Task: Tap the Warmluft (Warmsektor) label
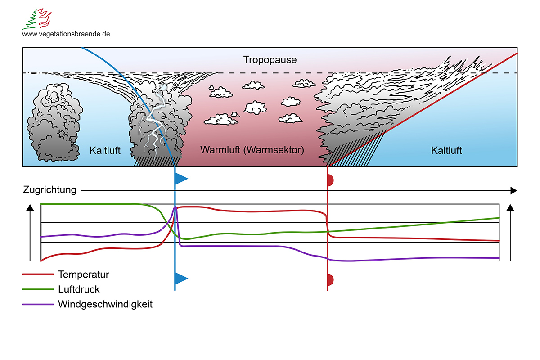[x=252, y=150]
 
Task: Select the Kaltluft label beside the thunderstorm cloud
[x=105, y=150]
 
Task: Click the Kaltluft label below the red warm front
[x=446, y=150]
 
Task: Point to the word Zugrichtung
[x=49, y=190]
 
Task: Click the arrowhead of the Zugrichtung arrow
[x=513, y=190]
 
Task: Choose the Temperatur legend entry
[x=83, y=274]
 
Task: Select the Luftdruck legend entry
[x=79, y=289]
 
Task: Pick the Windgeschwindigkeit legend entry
[x=105, y=304]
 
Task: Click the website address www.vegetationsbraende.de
[x=66, y=34]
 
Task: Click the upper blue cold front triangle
[x=180, y=179]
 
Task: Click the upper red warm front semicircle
[x=330, y=180]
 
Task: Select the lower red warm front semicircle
[x=330, y=279]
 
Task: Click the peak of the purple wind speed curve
[x=176, y=207]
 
